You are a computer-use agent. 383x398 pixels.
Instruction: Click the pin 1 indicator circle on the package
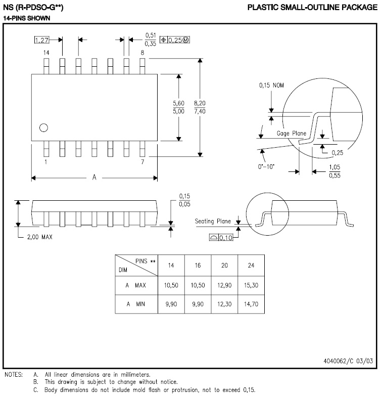(43, 127)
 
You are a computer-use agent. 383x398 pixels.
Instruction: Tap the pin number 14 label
(46, 53)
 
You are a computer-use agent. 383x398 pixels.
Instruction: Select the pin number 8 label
(142, 53)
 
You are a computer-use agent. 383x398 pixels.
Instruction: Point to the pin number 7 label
(142, 162)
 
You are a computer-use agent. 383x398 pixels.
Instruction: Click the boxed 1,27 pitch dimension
(42, 40)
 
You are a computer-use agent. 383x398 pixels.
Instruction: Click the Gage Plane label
(292, 134)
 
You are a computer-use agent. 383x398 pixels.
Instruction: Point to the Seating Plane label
(213, 221)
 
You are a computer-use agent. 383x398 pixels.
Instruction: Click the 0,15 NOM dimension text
(271, 85)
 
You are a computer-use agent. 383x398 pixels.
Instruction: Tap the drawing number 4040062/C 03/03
(348, 362)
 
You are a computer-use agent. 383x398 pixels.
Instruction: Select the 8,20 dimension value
(200, 102)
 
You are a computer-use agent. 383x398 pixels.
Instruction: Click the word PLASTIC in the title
(262, 7)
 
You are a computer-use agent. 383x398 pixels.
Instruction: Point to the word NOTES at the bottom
(14, 375)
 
